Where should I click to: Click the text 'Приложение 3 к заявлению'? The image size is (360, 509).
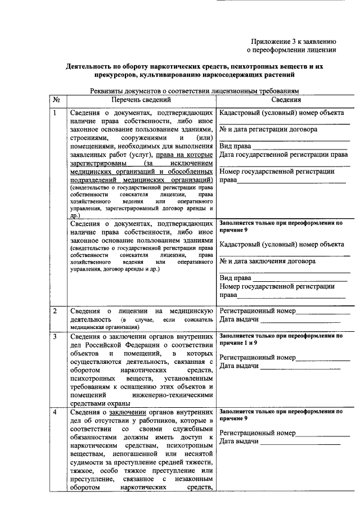pyautogui.click(x=293, y=41)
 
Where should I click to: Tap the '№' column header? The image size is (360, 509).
pyautogui.click(x=56, y=100)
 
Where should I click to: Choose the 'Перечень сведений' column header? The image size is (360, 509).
pyautogui.click(x=141, y=100)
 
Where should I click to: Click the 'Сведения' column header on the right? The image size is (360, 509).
pyautogui.click(x=286, y=100)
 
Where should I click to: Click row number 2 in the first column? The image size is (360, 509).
pyautogui.click(x=55, y=310)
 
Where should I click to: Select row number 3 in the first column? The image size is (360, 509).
pyautogui.click(x=55, y=336)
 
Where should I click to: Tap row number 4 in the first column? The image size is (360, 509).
pyautogui.click(x=55, y=412)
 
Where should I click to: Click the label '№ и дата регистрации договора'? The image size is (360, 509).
pyautogui.click(x=268, y=129)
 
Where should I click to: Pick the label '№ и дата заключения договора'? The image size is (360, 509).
pyautogui.click(x=267, y=261)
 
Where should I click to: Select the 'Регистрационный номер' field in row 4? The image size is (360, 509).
pyautogui.click(x=257, y=433)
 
